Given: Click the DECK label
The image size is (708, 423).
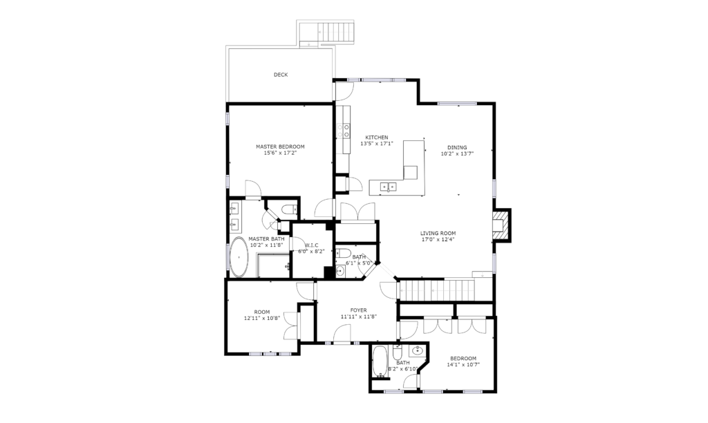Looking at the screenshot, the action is [x=281, y=75].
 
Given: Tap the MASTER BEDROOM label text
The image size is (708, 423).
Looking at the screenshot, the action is [x=280, y=147].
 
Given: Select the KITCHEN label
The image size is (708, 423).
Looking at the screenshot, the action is [x=377, y=138].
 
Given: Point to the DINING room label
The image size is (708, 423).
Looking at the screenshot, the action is [x=457, y=148].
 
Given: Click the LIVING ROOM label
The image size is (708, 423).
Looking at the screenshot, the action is [x=438, y=234].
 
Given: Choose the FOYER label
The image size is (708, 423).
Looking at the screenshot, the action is [x=359, y=310].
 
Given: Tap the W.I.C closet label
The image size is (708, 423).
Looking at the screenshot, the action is [x=311, y=245].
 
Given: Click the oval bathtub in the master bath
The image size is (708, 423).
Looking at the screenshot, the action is [x=239, y=257].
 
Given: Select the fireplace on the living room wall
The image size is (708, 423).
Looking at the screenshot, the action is [x=502, y=225].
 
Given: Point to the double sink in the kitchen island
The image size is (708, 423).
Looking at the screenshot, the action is [x=388, y=186].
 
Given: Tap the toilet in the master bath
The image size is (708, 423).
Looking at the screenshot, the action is [x=289, y=209].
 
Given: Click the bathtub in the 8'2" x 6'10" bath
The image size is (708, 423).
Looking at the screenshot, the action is [x=380, y=361].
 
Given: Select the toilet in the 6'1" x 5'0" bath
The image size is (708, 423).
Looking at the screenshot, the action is [x=343, y=253].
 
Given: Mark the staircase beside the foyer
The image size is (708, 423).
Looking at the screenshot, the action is [x=436, y=290].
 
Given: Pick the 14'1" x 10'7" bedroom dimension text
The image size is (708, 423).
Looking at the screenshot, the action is [x=463, y=365].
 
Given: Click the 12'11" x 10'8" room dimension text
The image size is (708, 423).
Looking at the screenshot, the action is [x=262, y=318].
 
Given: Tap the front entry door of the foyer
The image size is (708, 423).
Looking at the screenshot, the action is [x=342, y=335].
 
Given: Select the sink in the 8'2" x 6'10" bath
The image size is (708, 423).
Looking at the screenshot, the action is [x=418, y=350].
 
